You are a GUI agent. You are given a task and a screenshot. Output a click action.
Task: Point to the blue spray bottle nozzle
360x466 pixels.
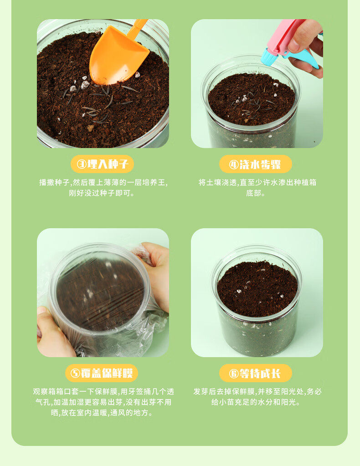pyautogui.click(x=267, y=57)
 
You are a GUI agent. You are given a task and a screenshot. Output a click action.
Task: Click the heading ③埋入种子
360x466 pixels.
pyautogui.click(x=102, y=164)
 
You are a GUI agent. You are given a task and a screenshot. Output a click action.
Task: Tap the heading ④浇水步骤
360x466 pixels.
pyautogui.click(x=255, y=164)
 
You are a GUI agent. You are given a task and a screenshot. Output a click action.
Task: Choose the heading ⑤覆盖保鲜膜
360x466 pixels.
pyautogui.click(x=102, y=373)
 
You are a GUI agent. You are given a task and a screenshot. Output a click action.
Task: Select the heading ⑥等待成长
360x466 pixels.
pyautogui.click(x=256, y=373)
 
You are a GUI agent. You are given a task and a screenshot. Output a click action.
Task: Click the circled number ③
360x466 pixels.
pyautogui.click(x=82, y=164)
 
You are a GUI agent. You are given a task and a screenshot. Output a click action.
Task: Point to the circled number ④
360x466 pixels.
pyautogui.click(x=234, y=164)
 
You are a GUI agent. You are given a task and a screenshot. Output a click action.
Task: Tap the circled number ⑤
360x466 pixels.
pyautogui.click(x=76, y=373)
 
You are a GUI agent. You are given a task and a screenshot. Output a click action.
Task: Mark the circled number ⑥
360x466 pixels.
pyautogui.click(x=234, y=373)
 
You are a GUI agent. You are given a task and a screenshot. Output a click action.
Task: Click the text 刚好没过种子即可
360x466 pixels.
pyautogui.click(x=102, y=193)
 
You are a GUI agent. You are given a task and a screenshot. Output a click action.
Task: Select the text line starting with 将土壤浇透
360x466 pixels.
pyautogui.click(x=257, y=182)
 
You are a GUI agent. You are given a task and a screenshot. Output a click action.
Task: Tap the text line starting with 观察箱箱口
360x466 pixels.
pyautogui.click(x=103, y=391)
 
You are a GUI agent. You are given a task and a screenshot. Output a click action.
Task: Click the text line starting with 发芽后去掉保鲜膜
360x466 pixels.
pyautogui.click(x=257, y=391)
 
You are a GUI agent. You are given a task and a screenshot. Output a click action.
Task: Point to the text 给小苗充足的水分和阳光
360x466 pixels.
pyautogui.click(x=256, y=402)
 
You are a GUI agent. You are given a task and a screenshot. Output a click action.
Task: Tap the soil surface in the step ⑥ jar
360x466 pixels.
pyautogui.click(x=257, y=288)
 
